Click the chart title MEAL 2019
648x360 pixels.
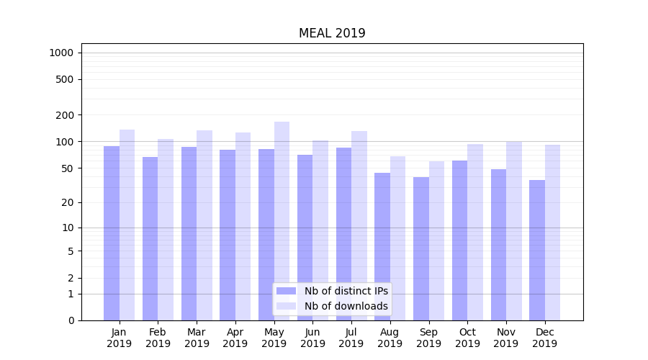(332, 34)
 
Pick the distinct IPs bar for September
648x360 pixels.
(421, 248)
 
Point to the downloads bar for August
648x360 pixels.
(397, 238)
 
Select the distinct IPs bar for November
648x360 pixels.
(498, 245)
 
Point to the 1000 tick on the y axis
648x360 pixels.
(61, 53)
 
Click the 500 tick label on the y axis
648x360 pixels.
(65, 79)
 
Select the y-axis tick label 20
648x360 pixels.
(68, 202)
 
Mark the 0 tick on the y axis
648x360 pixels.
(71, 320)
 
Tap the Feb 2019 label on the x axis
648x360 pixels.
(158, 338)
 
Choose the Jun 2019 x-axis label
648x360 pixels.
(312, 338)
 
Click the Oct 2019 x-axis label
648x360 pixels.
(467, 338)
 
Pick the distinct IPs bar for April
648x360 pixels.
(228, 235)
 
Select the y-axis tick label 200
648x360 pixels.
(65, 115)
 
